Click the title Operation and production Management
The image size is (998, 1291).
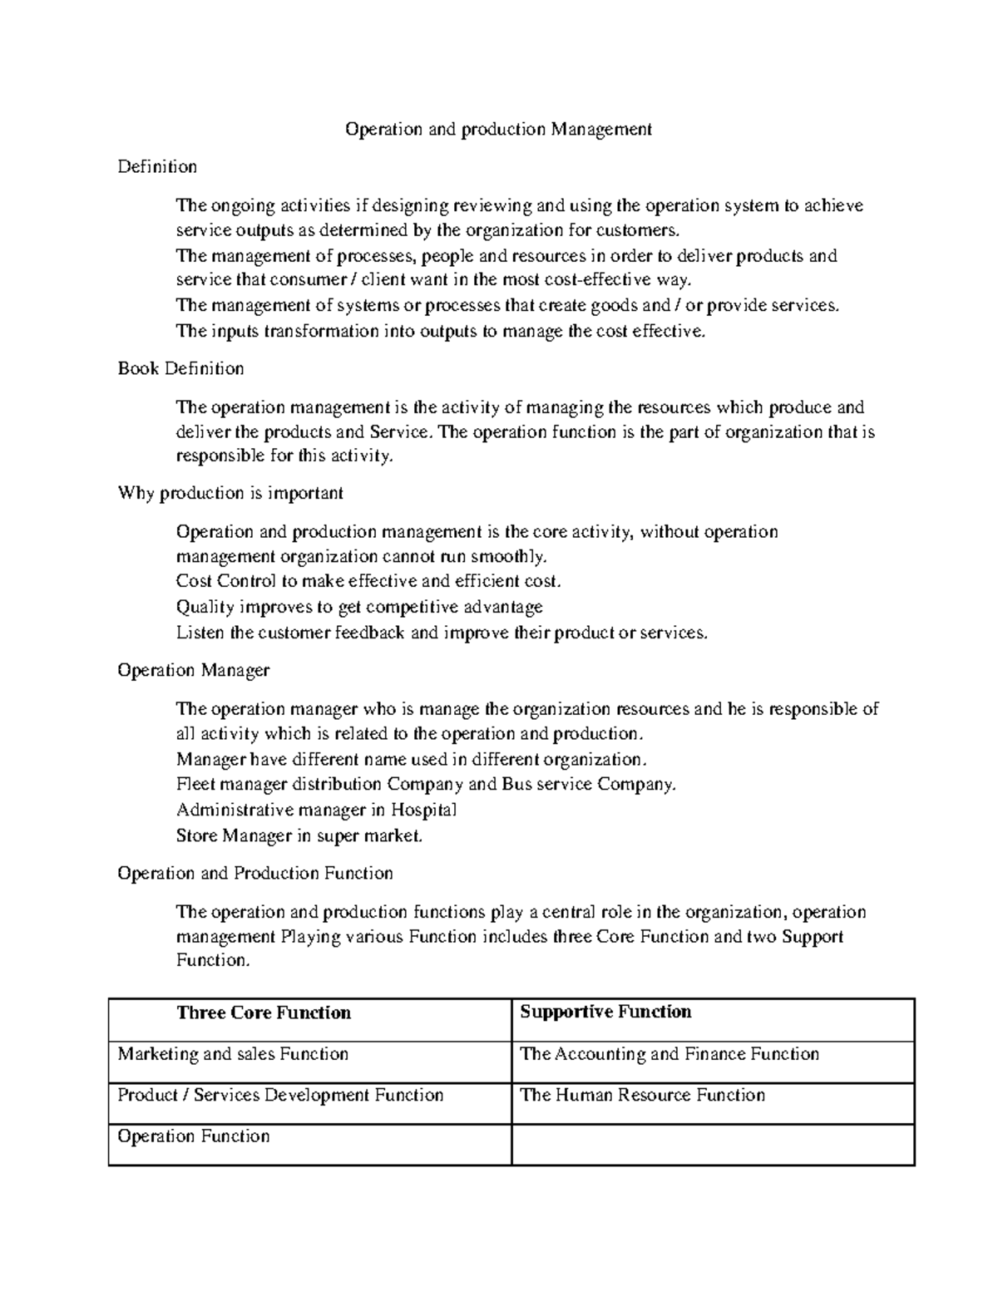click(x=498, y=129)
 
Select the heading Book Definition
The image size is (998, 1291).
click(x=180, y=368)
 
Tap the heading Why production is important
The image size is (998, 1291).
click(x=230, y=493)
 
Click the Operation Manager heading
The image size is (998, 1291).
click(x=193, y=670)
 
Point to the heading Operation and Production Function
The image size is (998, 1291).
click(x=254, y=873)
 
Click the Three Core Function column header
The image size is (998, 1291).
click(x=264, y=1013)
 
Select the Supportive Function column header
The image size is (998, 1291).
click(x=605, y=1012)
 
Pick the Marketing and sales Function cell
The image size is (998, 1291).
click(x=233, y=1054)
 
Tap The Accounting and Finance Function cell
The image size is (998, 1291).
click(x=669, y=1054)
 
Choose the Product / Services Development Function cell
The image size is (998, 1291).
click(x=280, y=1095)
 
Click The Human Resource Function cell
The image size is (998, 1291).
click(x=642, y=1095)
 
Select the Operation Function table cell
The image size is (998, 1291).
click(x=194, y=1136)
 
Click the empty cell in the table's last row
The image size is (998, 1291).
click(x=712, y=1144)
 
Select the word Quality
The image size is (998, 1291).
click(x=205, y=607)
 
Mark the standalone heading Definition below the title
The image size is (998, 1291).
click(x=157, y=167)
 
